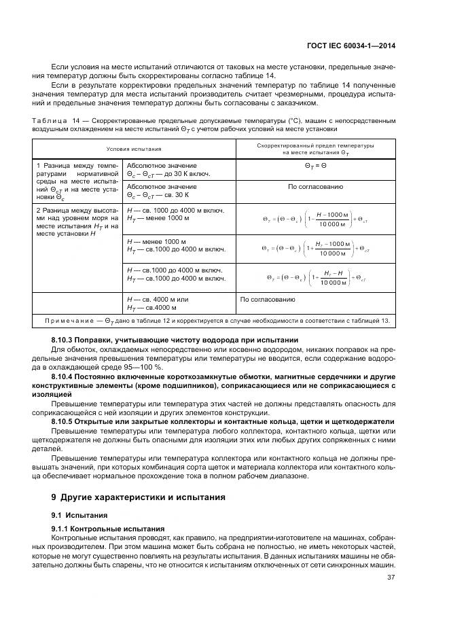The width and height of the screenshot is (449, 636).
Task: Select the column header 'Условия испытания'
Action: [x=134, y=147]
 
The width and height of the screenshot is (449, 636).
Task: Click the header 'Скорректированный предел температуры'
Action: [x=315, y=145]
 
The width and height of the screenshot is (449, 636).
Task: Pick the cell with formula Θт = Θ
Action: [x=315, y=165]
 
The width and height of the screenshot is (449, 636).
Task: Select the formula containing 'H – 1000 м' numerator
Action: [x=315, y=219]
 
